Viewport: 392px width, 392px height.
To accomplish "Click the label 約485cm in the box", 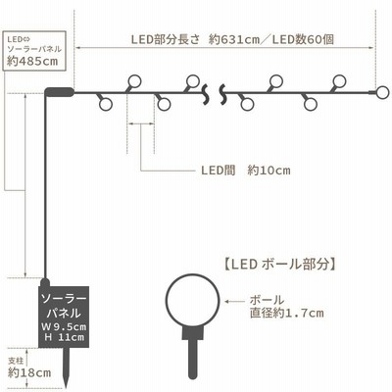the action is pyautogui.click(x=32, y=61).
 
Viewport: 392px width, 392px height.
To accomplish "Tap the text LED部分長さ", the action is pyautogui.click(x=165, y=40).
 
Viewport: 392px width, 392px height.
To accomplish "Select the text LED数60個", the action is pyautogui.click(x=304, y=40).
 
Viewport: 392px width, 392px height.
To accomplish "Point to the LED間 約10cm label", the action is pyautogui.click(x=246, y=171).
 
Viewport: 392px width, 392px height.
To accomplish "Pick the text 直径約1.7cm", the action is pyautogui.click(x=287, y=314).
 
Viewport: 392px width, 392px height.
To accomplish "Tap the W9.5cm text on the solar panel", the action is pyautogui.click(x=64, y=326).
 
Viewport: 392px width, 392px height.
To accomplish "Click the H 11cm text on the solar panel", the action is pyautogui.click(x=64, y=337).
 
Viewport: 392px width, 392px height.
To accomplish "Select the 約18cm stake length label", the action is pyautogui.click(x=29, y=372).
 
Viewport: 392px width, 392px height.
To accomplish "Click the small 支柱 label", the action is pyautogui.click(x=15, y=362).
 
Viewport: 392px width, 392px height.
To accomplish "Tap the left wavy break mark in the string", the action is pyautogui.click(x=206, y=94).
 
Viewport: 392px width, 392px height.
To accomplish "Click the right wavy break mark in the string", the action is pyautogui.click(x=223, y=94).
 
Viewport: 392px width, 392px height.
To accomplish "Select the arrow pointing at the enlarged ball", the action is pyautogui.click(x=234, y=302).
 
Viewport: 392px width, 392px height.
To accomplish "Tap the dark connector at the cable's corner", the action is pyautogui.click(x=59, y=92).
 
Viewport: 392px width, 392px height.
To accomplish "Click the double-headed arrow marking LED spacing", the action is pyautogui.click(x=140, y=123).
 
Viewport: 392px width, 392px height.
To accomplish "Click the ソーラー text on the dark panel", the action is pyautogui.click(x=64, y=299).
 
